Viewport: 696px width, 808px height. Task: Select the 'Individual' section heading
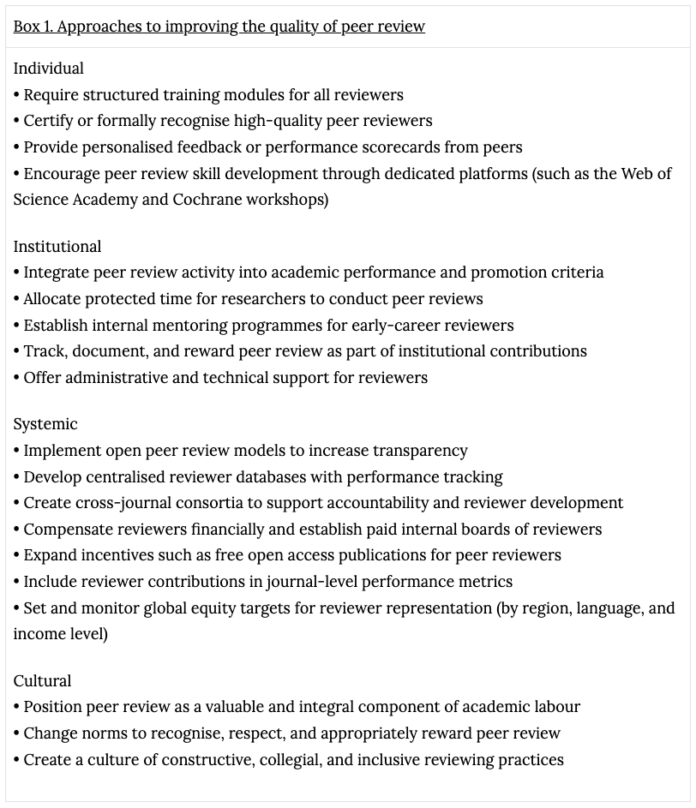pyautogui.click(x=49, y=69)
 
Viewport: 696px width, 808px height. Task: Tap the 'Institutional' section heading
pyautogui.click(x=57, y=247)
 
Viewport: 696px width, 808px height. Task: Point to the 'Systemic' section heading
pyautogui.click(x=45, y=424)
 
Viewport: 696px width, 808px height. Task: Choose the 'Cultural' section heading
pyautogui.click(x=43, y=681)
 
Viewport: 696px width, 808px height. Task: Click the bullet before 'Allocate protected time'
pyautogui.click(x=17, y=299)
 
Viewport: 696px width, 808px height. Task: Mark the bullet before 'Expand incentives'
pyautogui.click(x=17, y=555)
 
